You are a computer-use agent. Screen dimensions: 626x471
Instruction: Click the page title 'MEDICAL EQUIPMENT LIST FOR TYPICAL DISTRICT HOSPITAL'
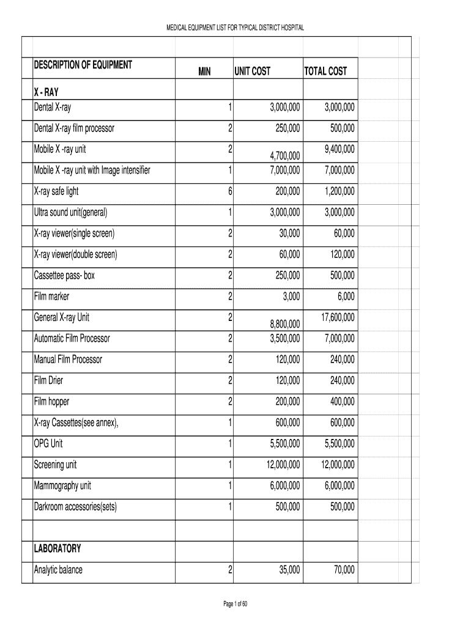point(236,28)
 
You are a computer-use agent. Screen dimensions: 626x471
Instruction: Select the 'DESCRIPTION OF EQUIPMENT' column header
point(83,65)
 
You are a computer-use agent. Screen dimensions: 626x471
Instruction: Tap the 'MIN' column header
point(204,72)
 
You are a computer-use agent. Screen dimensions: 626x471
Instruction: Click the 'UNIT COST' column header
point(252,72)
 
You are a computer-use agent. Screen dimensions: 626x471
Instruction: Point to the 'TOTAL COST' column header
point(325,72)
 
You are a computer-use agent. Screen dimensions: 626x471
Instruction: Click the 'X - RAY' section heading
point(46,94)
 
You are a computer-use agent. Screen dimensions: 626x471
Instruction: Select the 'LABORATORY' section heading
point(57,549)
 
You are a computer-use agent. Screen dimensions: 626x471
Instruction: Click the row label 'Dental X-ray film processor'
point(74,128)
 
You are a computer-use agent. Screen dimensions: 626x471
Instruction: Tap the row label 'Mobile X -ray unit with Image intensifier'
point(92,170)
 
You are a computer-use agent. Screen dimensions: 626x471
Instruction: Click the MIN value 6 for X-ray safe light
point(231,192)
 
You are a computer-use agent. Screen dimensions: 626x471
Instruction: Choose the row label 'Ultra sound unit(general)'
point(70,213)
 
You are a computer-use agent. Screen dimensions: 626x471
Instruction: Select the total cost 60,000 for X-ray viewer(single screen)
point(343,234)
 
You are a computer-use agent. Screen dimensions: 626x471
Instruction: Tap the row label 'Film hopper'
point(51,402)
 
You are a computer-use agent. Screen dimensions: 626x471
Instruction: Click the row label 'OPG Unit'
point(48,444)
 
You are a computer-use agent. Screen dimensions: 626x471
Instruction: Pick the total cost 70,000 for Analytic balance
point(344,570)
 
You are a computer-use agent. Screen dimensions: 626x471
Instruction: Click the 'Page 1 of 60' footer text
point(236,605)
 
